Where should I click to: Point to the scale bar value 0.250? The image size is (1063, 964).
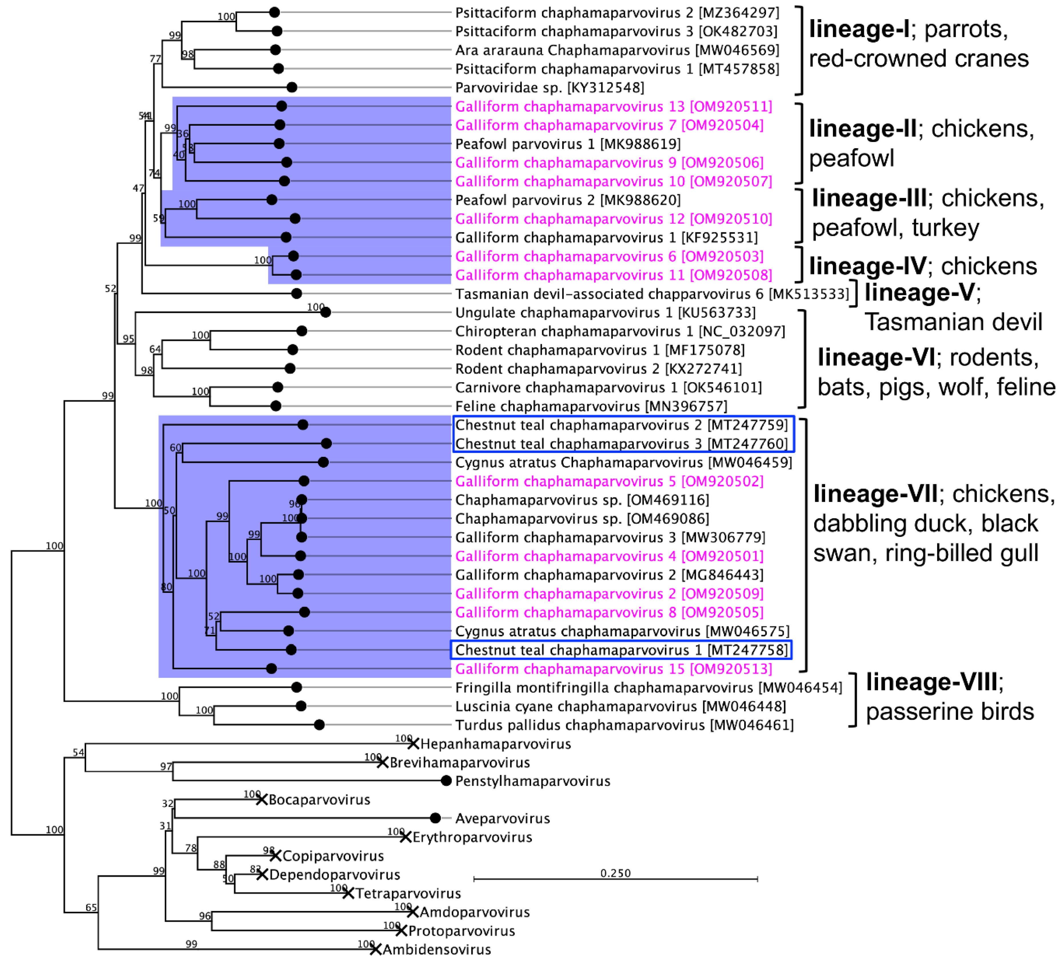point(615,873)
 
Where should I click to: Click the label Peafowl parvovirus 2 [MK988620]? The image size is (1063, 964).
point(568,200)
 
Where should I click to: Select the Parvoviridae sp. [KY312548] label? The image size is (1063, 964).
point(550,87)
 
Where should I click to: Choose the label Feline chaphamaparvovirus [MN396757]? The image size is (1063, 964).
point(591,406)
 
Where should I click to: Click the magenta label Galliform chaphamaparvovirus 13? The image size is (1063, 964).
point(613,107)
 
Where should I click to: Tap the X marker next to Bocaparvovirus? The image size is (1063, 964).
point(261,799)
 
